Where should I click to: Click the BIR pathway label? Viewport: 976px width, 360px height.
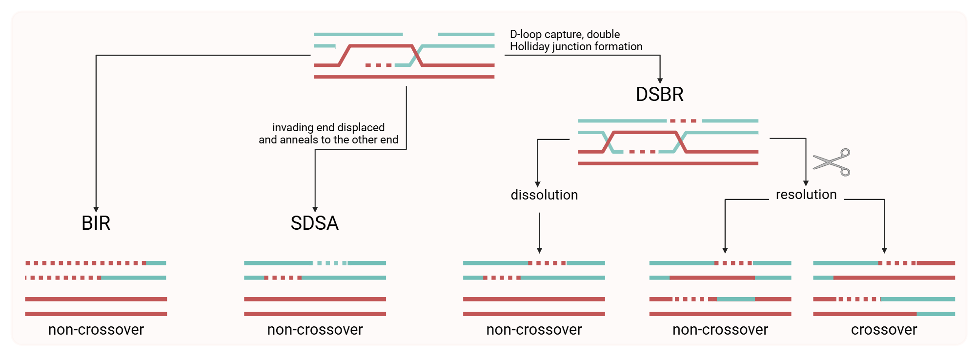pyautogui.click(x=96, y=223)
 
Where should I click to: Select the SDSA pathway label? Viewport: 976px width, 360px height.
pyautogui.click(x=315, y=223)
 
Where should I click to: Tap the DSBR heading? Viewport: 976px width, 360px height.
pyautogui.click(x=660, y=94)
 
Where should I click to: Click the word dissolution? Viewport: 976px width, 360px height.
pyautogui.click(x=544, y=195)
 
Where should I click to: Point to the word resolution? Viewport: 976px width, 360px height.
pyautogui.click(x=806, y=195)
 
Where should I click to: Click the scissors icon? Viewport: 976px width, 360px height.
pyautogui.click(x=832, y=162)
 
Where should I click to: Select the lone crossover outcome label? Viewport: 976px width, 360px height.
pyautogui.click(x=884, y=330)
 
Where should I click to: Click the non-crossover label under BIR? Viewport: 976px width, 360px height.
pyautogui.click(x=96, y=330)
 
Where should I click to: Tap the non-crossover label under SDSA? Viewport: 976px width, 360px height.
pyautogui.click(x=315, y=330)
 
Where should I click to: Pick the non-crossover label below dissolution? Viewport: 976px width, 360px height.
pyautogui.click(x=534, y=330)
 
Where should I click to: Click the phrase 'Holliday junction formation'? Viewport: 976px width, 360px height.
pyautogui.click(x=576, y=47)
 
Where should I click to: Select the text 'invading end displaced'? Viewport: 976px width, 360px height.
pyautogui.click(x=328, y=127)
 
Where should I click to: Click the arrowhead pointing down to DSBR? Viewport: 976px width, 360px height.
pyautogui.click(x=660, y=81)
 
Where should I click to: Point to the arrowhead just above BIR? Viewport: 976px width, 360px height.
pyautogui.click(x=96, y=209)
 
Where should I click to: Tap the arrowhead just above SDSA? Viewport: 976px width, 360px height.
pyautogui.click(x=315, y=209)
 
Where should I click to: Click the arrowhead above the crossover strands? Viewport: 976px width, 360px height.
pyautogui.click(x=884, y=250)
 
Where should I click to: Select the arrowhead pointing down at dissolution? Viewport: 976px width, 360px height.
pyautogui.click(x=537, y=184)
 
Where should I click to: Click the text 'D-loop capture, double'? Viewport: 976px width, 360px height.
pyautogui.click(x=565, y=35)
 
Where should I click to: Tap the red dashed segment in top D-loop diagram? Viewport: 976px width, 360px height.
pyautogui.click(x=379, y=65)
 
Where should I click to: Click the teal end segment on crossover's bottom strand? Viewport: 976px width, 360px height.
pyautogui.click(x=936, y=314)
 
